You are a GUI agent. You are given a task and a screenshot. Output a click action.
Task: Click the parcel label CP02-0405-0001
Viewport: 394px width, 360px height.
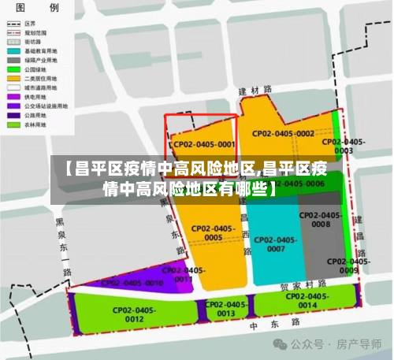[204, 145]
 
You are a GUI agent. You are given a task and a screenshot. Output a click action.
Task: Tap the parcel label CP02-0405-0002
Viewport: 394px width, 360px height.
[283, 134]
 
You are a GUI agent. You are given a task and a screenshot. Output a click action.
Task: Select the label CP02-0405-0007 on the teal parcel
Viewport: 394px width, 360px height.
[276, 244]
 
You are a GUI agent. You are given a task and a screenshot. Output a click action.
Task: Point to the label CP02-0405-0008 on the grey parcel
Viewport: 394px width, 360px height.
[321, 220]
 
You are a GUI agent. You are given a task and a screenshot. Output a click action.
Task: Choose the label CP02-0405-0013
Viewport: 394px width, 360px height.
[226, 309]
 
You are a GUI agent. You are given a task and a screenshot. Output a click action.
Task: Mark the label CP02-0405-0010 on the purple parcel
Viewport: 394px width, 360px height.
[132, 282]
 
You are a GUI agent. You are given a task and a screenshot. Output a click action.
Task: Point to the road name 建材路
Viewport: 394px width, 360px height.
[255, 91]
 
